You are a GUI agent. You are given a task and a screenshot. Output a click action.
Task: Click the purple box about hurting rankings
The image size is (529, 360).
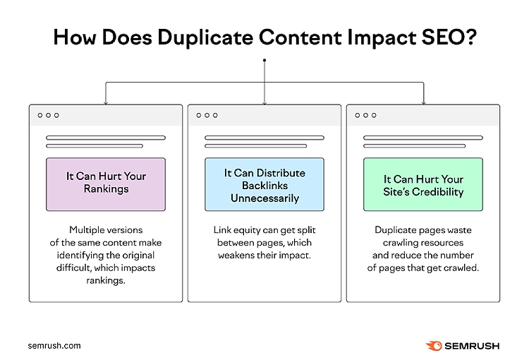106,184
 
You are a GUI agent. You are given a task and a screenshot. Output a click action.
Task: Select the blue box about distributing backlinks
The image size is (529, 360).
264,184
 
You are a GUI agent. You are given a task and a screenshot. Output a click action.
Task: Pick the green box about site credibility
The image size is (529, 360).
423,184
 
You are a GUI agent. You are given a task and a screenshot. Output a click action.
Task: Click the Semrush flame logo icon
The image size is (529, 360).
434,345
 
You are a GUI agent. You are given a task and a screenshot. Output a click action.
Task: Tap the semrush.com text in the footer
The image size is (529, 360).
54,346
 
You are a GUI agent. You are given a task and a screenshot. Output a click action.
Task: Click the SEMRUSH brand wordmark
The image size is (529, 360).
473,346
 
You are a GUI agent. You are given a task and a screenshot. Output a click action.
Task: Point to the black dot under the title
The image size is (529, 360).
264,61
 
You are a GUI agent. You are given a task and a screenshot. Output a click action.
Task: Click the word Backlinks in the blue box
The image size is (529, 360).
264,185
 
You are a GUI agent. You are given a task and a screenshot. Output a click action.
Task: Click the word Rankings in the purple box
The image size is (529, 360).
106,190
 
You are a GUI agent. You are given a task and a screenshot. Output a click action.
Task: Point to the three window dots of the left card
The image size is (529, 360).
48,115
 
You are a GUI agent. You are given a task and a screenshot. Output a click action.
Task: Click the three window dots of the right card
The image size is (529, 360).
365,115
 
